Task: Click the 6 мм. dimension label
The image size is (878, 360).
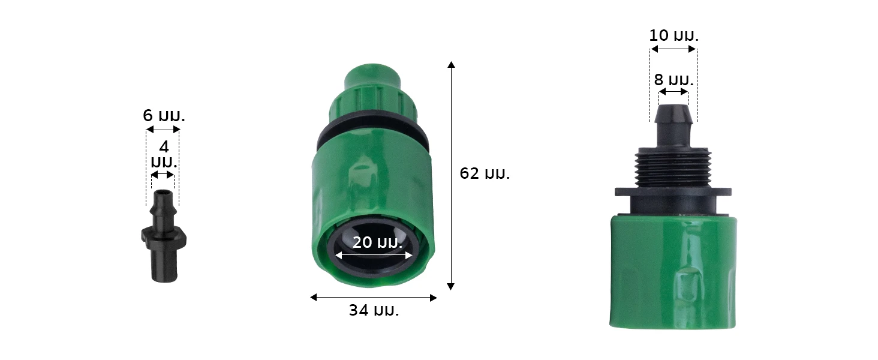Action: point(164,116)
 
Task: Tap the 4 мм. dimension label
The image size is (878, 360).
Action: point(164,154)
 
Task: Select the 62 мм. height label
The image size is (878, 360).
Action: point(485,173)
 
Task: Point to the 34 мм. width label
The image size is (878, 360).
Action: point(374,310)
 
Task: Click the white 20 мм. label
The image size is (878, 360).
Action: point(377,242)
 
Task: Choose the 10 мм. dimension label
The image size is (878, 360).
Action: point(673,35)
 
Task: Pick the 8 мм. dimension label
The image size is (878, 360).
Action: point(673,80)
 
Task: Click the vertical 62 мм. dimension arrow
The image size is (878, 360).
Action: point(451,176)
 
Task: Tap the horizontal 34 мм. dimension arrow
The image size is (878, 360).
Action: point(374,298)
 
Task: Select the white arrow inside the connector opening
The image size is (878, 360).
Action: point(374,256)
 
